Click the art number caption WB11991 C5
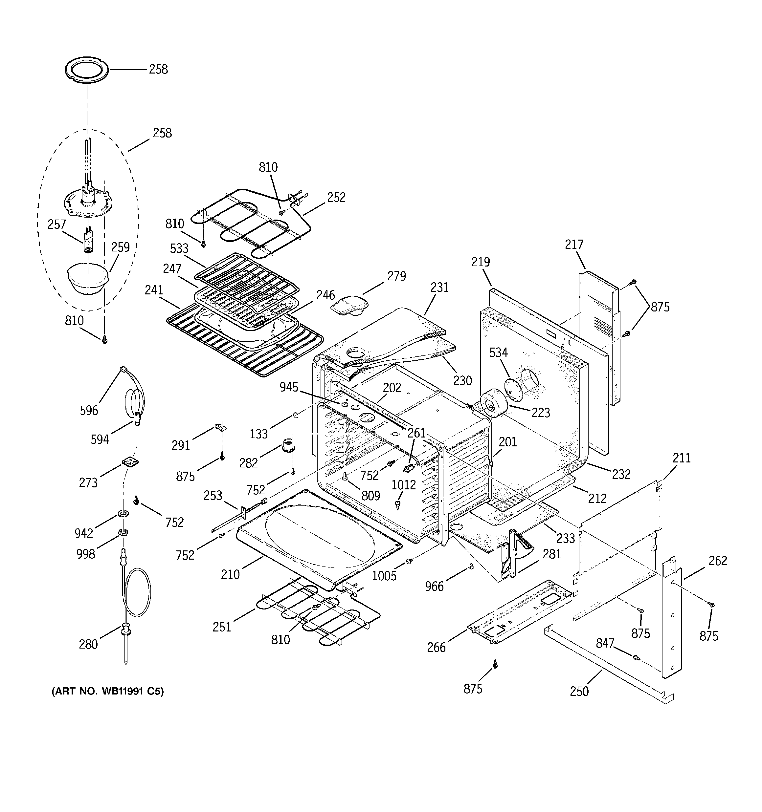coord(107,692)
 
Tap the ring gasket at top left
coord(87,71)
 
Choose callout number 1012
coord(403,485)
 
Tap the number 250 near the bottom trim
coord(579,692)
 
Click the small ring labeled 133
coord(295,416)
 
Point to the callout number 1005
coord(384,576)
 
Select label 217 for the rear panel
coord(574,245)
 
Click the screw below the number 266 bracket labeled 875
coord(495,665)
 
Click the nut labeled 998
coord(122,532)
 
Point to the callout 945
coord(289,387)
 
